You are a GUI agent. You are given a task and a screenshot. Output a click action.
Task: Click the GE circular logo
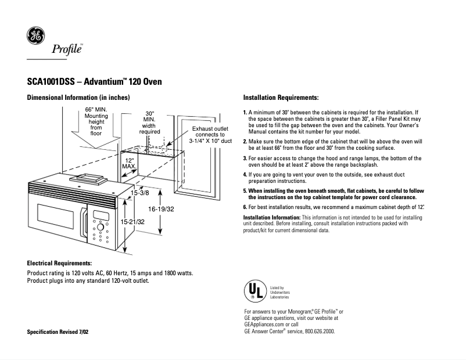click(x=35, y=36)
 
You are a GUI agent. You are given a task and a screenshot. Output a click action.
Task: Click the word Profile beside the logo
click(x=67, y=49)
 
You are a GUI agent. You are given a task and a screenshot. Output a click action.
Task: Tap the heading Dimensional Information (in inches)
click(x=78, y=97)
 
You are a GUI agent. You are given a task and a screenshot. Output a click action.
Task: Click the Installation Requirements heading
click(x=281, y=97)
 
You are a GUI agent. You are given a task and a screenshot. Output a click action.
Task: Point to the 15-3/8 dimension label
click(x=139, y=192)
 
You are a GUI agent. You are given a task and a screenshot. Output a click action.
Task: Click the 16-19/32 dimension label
click(x=162, y=208)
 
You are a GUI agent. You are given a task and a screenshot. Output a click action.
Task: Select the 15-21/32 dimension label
click(x=132, y=222)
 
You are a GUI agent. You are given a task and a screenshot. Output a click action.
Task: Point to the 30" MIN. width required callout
click(x=149, y=123)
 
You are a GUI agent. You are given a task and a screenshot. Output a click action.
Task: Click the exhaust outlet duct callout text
click(x=210, y=134)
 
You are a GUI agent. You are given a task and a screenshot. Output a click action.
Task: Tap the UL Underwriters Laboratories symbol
click(x=253, y=291)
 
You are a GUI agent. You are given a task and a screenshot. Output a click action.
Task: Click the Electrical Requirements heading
click(x=59, y=263)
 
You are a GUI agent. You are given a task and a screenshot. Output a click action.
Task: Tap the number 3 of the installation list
click(x=245, y=158)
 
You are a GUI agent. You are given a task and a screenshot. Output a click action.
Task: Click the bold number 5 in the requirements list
click(x=245, y=190)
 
